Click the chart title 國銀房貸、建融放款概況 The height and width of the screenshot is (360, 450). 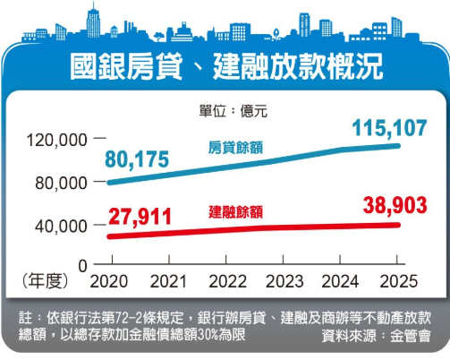[225, 68]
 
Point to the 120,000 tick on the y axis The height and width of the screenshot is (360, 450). [62, 140]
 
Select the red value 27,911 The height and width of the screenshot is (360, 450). [137, 216]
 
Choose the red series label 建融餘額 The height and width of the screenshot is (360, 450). [235, 212]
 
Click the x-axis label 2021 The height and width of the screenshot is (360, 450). [166, 282]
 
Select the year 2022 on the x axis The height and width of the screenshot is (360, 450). [224, 282]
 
